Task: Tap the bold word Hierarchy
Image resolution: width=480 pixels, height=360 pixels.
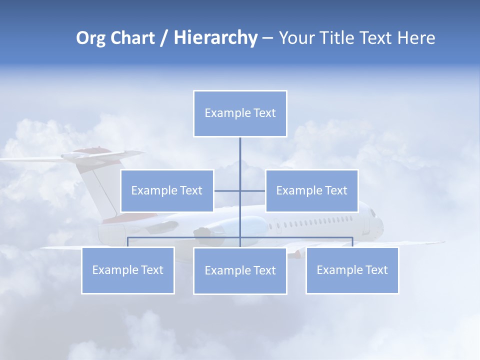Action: (215, 38)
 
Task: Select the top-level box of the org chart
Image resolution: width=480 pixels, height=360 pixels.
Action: (240, 113)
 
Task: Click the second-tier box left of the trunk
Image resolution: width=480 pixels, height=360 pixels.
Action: (167, 190)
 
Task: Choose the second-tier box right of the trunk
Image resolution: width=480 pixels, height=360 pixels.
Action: (311, 190)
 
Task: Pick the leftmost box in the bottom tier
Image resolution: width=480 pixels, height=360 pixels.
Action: (128, 270)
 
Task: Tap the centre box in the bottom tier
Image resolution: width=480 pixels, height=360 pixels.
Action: (240, 270)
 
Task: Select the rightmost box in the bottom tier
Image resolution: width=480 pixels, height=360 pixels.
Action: (352, 270)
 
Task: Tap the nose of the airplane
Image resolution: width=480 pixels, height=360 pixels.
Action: (380, 222)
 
